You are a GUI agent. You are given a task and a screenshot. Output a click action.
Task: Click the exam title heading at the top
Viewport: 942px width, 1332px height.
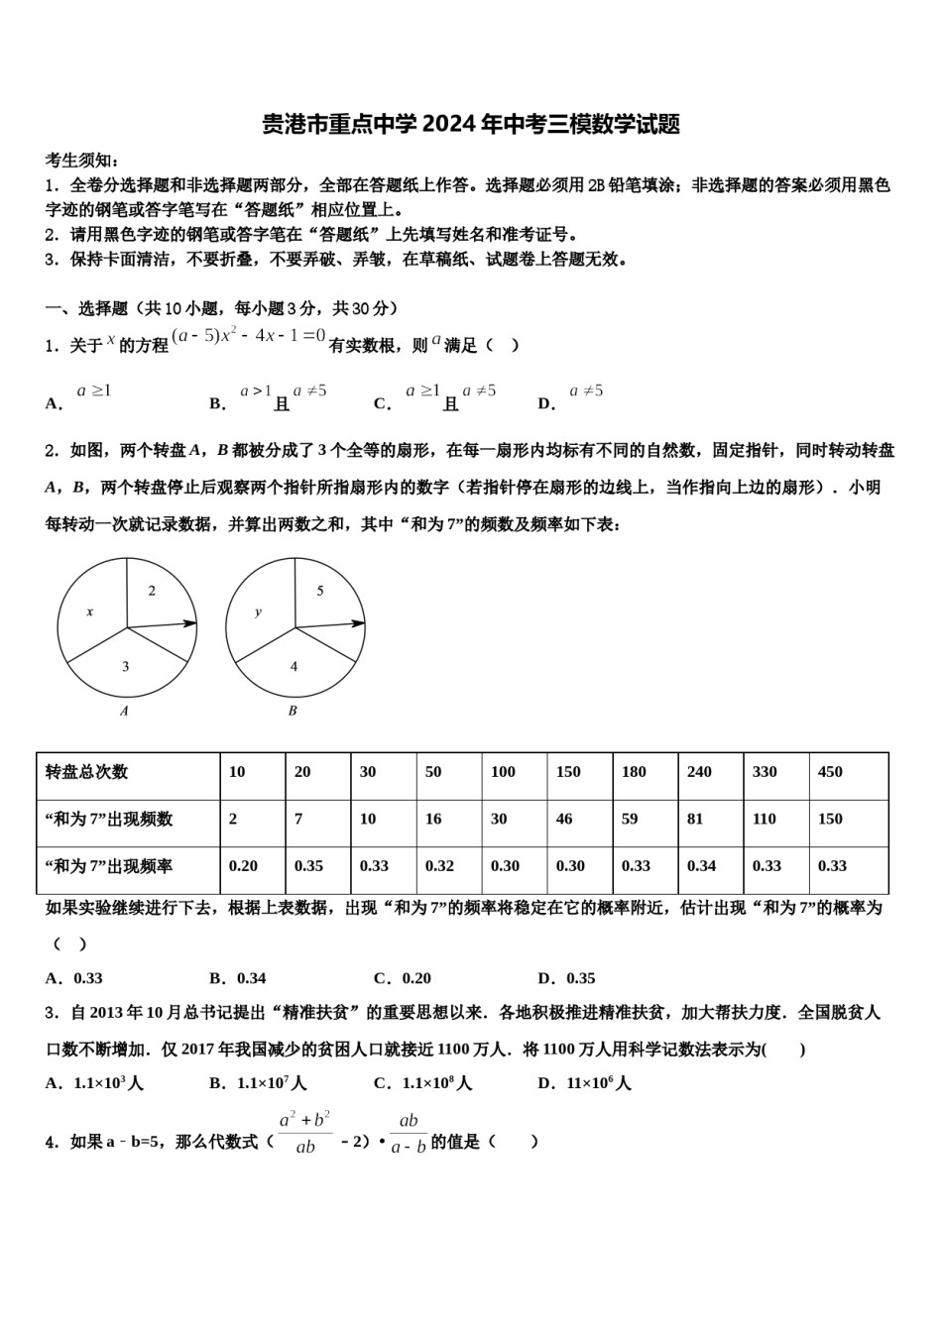pyautogui.click(x=471, y=125)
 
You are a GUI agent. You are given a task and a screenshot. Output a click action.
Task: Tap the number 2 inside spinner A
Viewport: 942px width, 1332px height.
pyautogui.click(x=152, y=591)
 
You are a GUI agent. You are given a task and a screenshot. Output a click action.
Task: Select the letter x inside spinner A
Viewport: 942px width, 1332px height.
pyautogui.click(x=89, y=611)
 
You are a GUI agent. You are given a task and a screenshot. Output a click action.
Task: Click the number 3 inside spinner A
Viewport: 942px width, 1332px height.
pyautogui.click(x=126, y=666)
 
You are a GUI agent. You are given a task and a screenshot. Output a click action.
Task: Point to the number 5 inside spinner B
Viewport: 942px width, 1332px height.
pyautogui.click(x=320, y=591)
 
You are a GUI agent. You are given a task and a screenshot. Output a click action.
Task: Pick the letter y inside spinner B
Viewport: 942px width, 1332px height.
pyautogui.click(x=258, y=611)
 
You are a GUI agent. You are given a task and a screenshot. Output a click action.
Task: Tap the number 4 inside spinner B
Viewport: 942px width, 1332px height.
pyautogui.click(x=294, y=666)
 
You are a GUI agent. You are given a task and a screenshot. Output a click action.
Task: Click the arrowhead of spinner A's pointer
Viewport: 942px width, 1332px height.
pyautogui.click(x=190, y=623)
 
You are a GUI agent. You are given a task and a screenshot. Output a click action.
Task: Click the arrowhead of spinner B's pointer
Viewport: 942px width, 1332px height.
pyautogui.click(x=359, y=623)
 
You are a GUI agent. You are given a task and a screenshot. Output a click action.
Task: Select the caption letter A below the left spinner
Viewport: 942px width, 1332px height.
pyautogui.click(x=124, y=711)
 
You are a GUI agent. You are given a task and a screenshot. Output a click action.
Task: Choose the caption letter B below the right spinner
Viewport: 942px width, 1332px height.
pyautogui.click(x=293, y=711)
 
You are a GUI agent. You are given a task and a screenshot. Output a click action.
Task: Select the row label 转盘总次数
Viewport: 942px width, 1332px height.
pyautogui.click(x=87, y=772)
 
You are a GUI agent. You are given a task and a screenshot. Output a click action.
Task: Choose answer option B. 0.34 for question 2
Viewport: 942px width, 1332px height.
pyautogui.click(x=238, y=978)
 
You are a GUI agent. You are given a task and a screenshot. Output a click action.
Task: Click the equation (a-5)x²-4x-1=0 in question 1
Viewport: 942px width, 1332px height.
pyautogui.click(x=249, y=336)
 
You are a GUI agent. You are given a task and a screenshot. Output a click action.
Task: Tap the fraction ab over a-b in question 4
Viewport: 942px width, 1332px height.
pyautogui.click(x=408, y=1134)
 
